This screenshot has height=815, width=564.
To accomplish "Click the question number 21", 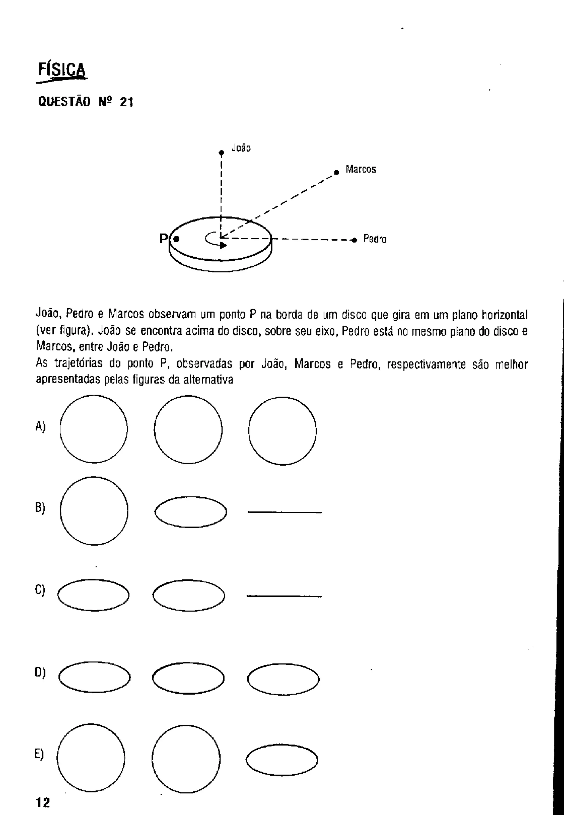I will (126, 102).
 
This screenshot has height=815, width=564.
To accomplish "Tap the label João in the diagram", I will (241, 148).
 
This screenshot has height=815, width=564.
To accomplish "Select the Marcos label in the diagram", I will (360, 170).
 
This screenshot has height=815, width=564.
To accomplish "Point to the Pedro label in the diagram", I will (375, 239).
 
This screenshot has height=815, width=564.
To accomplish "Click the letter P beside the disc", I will (163, 239).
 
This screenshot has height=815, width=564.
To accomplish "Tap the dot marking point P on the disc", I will (176, 239).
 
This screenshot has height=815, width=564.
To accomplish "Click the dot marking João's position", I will (221, 153).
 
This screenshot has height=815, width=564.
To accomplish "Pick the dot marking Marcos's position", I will (337, 172).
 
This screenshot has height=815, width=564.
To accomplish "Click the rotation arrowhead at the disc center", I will (223, 245).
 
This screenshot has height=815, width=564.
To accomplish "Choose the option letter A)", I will (40, 427).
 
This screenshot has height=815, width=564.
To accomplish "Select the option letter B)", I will (40, 508).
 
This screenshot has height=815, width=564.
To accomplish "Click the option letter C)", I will (40, 590).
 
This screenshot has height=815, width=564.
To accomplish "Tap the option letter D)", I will (40, 672).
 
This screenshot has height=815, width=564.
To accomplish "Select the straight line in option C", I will (284, 596).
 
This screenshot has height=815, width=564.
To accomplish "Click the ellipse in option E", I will (282, 760).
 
